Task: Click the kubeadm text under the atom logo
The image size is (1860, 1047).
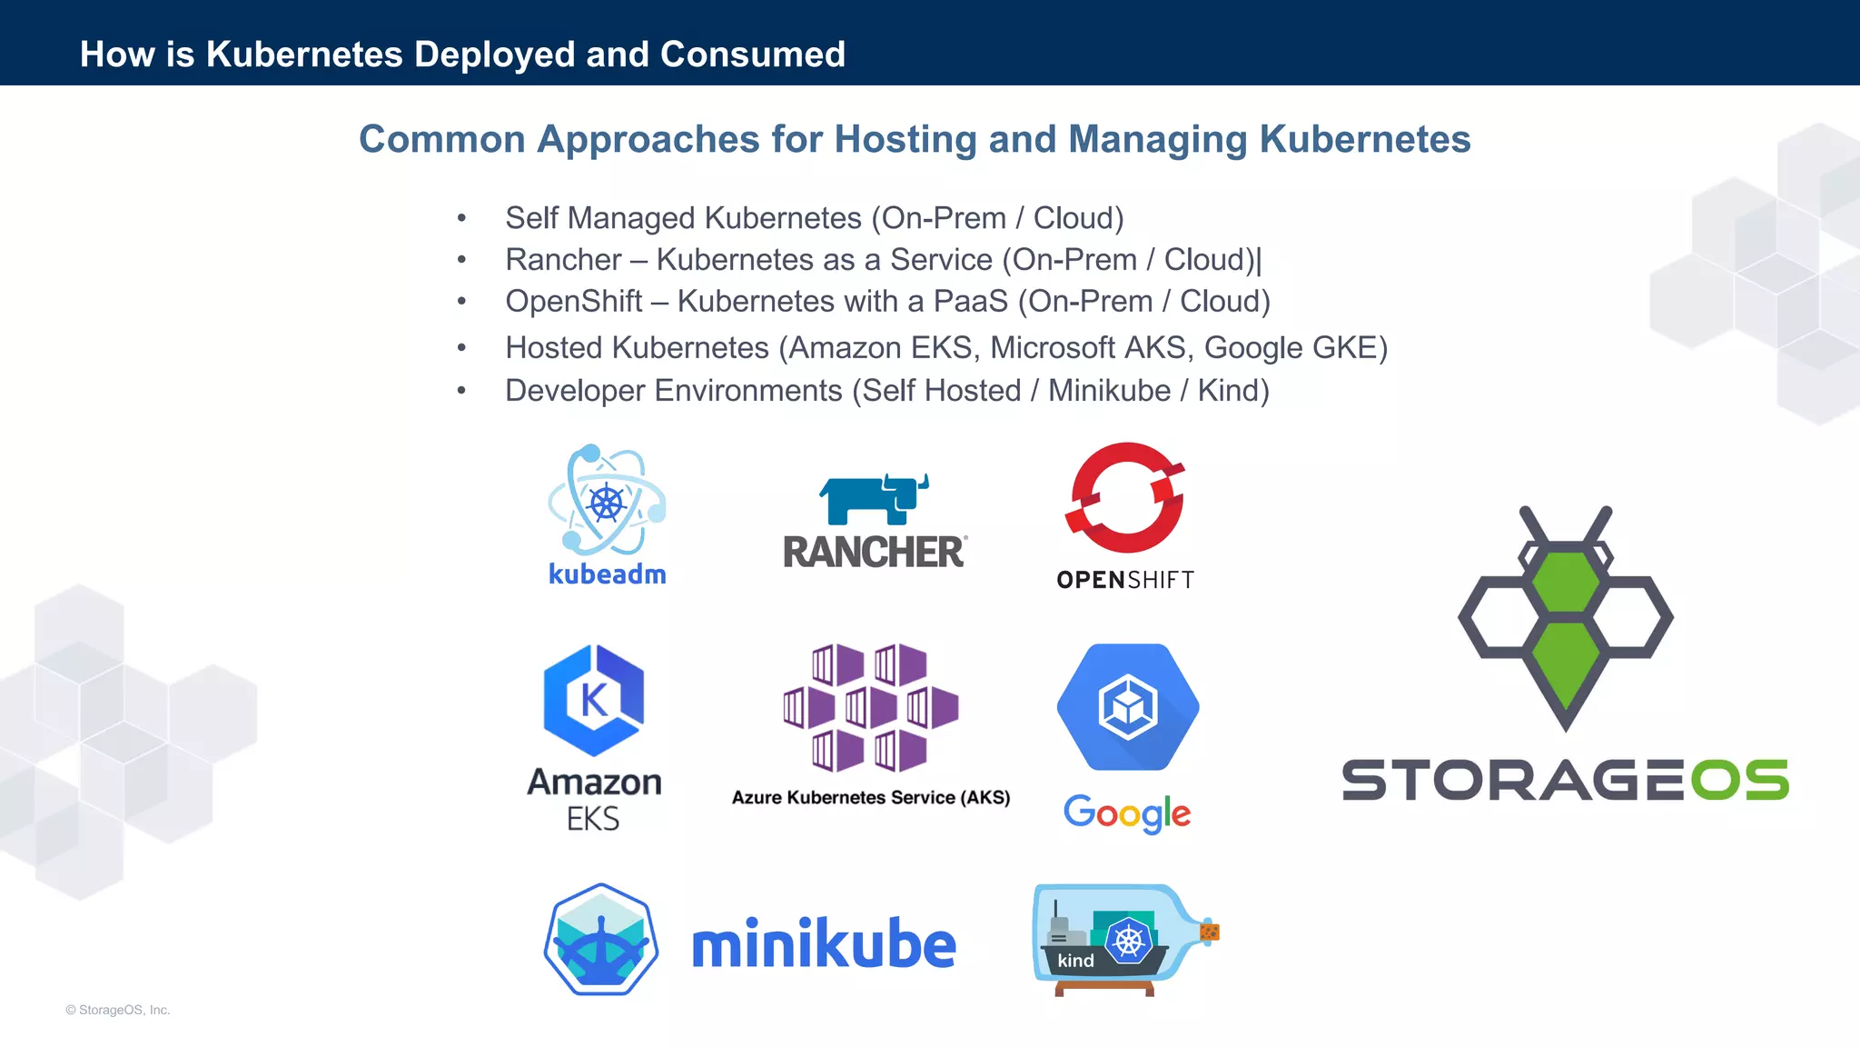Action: [x=607, y=574]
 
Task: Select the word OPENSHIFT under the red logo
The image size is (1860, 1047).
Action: [x=1124, y=580]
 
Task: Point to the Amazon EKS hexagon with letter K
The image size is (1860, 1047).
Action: [x=593, y=700]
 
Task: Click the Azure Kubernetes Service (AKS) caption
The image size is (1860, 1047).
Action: [x=870, y=797]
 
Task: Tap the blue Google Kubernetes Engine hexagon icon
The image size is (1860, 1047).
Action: [x=1127, y=707]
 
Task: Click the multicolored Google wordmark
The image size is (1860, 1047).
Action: [x=1126, y=813]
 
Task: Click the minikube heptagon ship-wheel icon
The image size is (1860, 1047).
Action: [x=600, y=940]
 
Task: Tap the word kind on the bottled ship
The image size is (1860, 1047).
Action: [x=1075, y=961]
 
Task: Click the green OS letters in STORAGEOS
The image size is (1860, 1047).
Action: [x=1739, y=781]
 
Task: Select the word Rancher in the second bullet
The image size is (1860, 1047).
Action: [x=563, y=260]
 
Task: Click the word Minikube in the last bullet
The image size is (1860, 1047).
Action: [x=1109, y=391]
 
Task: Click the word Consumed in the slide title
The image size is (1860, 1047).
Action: [x=753, y=55]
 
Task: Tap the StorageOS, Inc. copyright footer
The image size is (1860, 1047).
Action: [x=118, y=1010]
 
